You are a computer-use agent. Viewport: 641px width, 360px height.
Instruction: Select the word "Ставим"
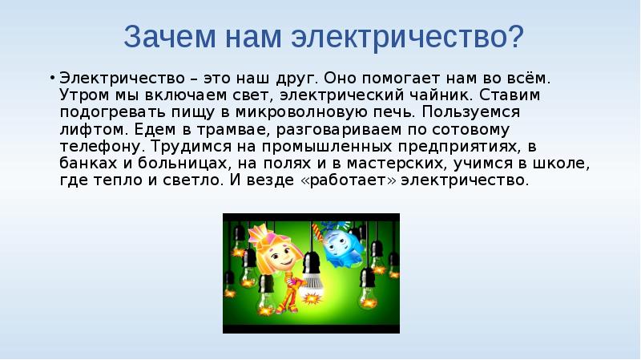[511, 96]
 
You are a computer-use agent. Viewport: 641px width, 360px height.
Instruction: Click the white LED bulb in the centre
[312, 281]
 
